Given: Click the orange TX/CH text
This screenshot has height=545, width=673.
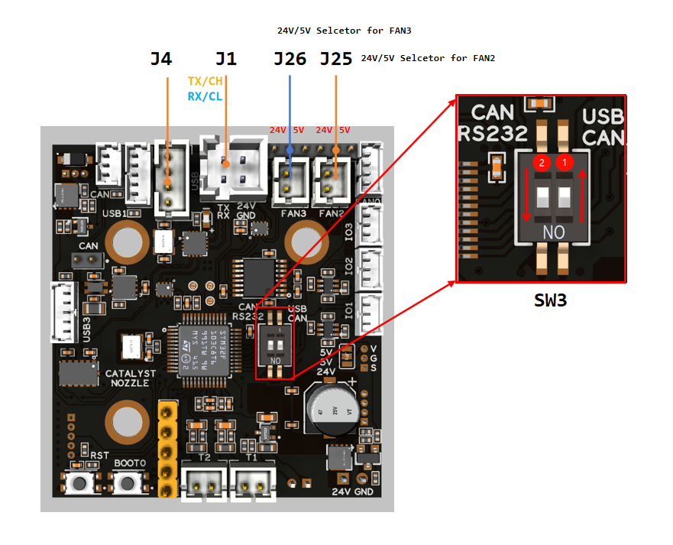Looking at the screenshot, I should (x=205, y=81).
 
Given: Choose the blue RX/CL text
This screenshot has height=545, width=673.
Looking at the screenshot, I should (x=205, y=96).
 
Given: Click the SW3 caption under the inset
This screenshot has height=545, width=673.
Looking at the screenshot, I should (x=550, y=300).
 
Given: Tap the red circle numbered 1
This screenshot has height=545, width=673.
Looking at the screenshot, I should (x=565, y=163).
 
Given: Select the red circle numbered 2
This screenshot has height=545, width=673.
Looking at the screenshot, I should (x=542, y=163).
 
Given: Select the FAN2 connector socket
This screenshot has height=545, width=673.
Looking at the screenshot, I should (x=332, y=184).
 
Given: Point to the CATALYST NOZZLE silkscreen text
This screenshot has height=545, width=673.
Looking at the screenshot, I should (x=131, y=378).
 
